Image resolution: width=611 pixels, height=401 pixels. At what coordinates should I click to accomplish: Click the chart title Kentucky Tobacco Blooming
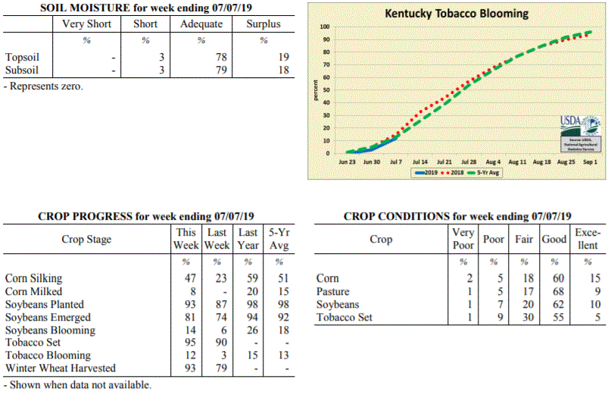457,14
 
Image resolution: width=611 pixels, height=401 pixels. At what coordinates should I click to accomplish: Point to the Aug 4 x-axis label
493,162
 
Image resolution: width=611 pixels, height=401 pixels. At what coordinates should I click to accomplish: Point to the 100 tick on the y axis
323,27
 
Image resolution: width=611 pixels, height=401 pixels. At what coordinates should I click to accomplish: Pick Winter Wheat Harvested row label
61,368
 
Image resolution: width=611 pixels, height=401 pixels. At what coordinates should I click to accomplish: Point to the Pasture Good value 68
554,292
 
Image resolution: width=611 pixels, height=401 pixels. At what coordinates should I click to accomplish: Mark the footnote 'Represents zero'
44,86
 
